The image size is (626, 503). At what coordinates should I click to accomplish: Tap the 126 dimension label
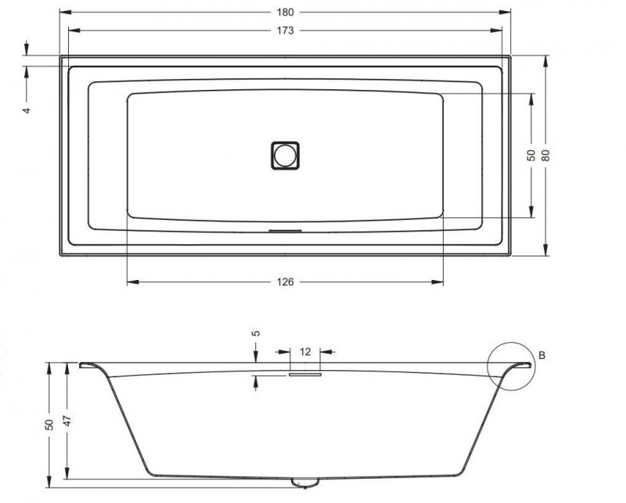pos(285,282)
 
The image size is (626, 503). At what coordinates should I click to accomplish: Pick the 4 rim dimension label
pos(26,110)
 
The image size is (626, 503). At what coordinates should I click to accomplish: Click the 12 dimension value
pos(305,350)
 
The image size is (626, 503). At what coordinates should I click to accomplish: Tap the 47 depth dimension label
pos(68,421)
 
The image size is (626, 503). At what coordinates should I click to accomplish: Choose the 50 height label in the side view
pos(49,423)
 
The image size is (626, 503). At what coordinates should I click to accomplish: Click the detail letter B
pos(541,356)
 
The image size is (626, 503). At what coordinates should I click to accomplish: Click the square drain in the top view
pos(286,154)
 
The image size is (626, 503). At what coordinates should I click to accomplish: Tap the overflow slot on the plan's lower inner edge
pos(285,231)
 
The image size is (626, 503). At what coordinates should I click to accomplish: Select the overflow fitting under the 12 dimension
pos(305,375)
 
